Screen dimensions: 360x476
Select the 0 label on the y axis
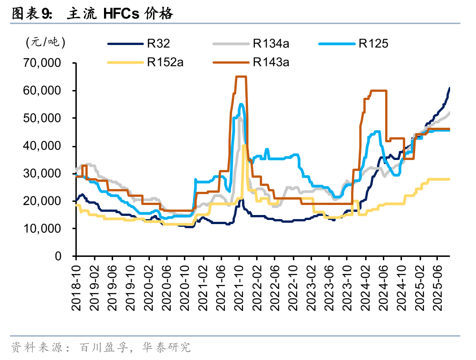58,256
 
